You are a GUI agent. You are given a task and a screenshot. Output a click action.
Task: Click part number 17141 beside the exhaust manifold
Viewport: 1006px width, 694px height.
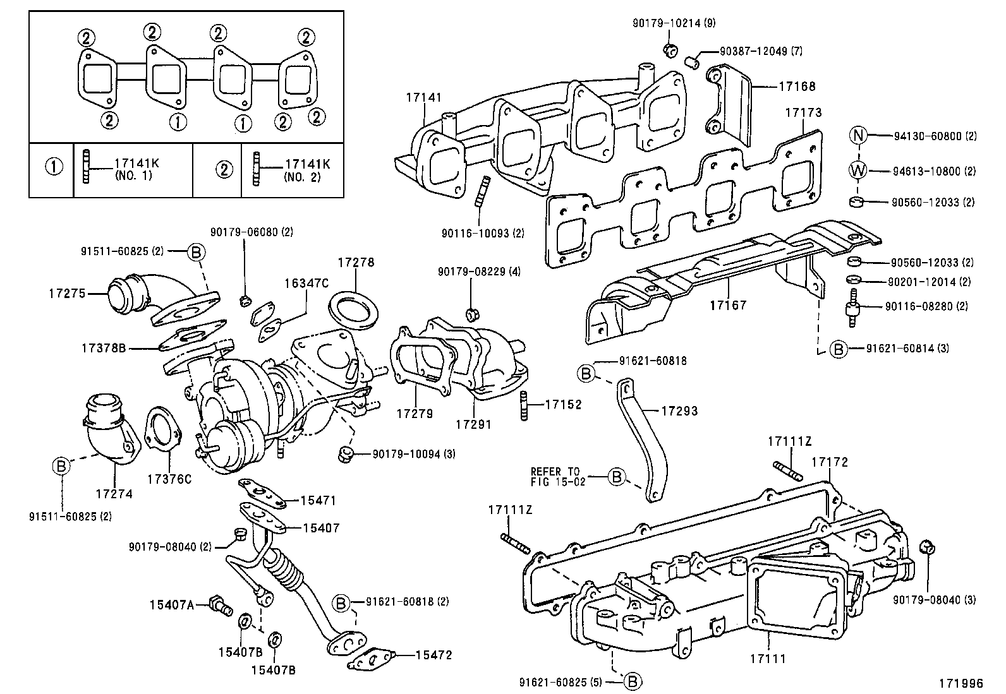[423, 97]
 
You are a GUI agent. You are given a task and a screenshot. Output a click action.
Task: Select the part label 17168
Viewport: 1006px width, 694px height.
[797, 86]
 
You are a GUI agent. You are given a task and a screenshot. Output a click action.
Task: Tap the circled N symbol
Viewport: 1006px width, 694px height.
[858, 135]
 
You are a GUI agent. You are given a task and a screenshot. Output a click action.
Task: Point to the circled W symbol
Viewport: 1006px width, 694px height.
[858, 171]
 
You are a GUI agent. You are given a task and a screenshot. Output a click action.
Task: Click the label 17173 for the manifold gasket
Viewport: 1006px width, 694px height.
[803, 112]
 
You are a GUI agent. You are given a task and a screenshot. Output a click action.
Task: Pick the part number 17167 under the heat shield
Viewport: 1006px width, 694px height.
[728, 305]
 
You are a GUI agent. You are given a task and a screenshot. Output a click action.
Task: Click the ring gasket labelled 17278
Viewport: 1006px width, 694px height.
[353, 313]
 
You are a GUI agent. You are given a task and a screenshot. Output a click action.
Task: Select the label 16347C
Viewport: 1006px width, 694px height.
[306, 284]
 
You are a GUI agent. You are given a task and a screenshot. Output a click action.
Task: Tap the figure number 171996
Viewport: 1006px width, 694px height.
[961, 683]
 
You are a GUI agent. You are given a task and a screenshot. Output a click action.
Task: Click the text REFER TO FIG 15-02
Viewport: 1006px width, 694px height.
[558, 477]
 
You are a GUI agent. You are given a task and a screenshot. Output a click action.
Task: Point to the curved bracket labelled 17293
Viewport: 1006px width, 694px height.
[642, 440]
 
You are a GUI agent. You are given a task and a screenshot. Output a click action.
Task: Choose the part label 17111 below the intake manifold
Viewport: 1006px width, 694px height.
[768, 659]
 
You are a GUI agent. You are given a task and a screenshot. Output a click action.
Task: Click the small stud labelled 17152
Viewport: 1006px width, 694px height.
[523, 406]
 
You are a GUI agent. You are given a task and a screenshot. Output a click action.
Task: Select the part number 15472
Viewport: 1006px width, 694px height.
[434, 655]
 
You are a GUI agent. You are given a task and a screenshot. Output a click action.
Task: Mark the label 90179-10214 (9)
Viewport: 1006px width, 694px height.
[674, 23]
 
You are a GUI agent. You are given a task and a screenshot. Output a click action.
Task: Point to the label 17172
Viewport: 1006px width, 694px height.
[830, 462]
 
